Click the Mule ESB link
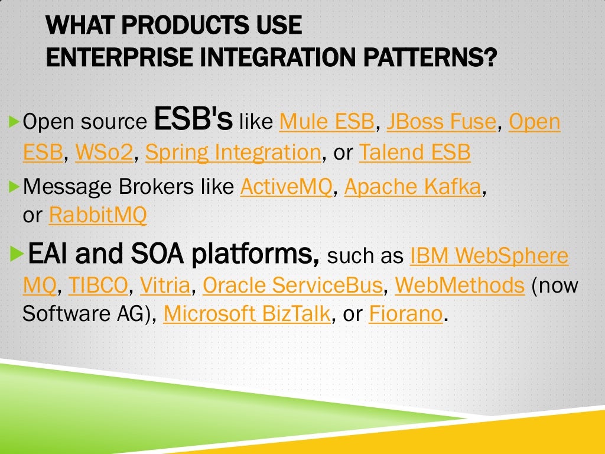[x=327, y=122]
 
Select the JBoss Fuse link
[x=441, y=122]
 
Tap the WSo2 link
[x=105, y=153]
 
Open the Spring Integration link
[x=233, y=153]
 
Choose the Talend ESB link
[x=415, y=153]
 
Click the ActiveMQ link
[x=287, y=186]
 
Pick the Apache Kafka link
[x=413, y=186]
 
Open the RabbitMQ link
[x=97, y=215]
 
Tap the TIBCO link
[x=98, y=286]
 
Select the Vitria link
[x=165, y=286]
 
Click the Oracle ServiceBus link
[x=292, y=286]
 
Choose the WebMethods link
[x=460, y=286]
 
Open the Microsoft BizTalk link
[x=247, y=314]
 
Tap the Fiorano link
[x=405, y=314]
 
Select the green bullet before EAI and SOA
[x=17, y=254]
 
